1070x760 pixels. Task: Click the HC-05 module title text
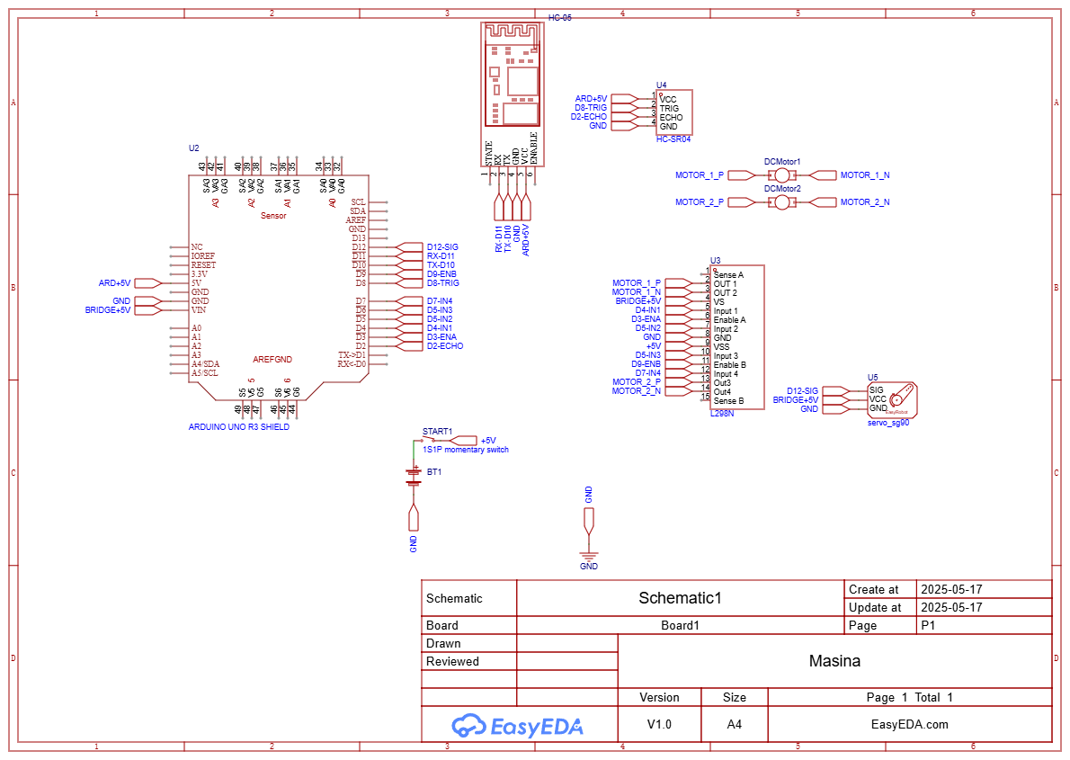point(559,18)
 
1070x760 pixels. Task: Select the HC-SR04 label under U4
point(673,139)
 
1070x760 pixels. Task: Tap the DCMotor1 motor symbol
point(782,175)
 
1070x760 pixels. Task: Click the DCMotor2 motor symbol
point(782,202)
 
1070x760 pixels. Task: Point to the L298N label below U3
point(722,413)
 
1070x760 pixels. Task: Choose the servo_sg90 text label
point(887,421)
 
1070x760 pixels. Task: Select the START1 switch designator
point(437,432)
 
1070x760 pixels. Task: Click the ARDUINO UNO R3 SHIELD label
point(238,427)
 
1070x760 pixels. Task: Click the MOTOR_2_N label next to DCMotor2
point(864,202)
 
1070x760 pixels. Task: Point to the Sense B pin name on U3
point(728,401)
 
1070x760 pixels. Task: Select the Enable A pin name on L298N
point(729,320)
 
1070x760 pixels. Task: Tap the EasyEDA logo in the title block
point(518,725)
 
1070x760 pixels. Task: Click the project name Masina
point(834,661)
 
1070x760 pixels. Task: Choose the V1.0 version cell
point(659,724)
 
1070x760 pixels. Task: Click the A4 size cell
point(734,724)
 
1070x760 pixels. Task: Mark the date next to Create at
point(950,590)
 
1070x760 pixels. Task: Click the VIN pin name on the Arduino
point(199,310)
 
